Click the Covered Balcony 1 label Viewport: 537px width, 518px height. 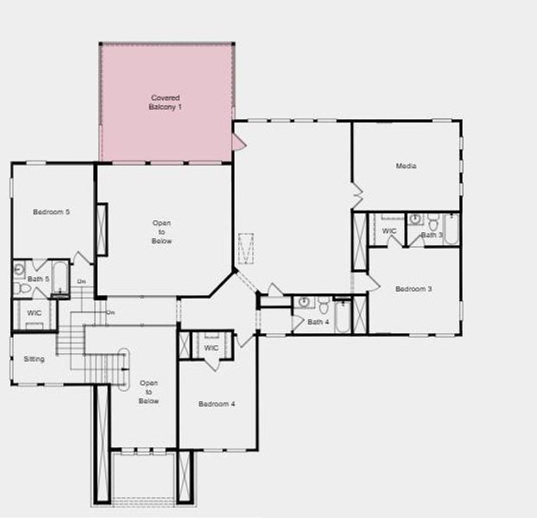pyautogui.click(x=166, y=102)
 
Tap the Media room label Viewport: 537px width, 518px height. pyautogui.click(x=406, y=166)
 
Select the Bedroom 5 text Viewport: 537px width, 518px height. pyautogui.click(x=52, y=212)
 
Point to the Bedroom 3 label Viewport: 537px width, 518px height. pyautogui.click(x=414, y=289)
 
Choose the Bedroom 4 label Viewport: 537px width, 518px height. pyautogui.click(x=217, y=404)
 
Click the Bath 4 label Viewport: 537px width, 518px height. pyautogui.click(x=318, y=322)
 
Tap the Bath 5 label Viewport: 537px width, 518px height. pyautogui.click(x=38, y=279)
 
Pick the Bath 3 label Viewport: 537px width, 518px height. pyautogui.click(x=432, y=235)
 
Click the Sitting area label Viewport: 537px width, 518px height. pyautogui.click(x=34, y=359)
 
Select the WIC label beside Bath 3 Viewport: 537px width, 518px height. pyautogui.click(x=389, y=231)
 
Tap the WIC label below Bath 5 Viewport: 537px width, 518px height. pyautogui.click(x=35, y=313)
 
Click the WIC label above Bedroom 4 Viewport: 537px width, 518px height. pyautogui.click(x=212, y=348)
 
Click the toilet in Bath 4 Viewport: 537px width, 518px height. pyautogui.click(x=323, y=304)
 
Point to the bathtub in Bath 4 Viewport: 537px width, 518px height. pyautogui.click(x=342, y=315)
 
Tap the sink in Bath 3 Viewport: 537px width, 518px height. pyautogui.click(x=415, y=219)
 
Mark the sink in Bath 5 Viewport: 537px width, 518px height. pyautogui.click(x=19, y=270)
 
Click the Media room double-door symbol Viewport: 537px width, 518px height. pyautogui.click(x=356, y=194)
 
